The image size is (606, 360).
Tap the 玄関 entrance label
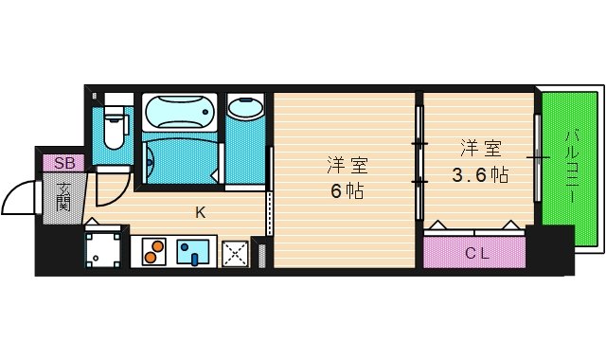[x=63, y=198]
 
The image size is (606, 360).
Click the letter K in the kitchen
[x=201, y=212]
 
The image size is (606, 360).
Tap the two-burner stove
[x=153, y=253]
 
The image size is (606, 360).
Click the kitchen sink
[x=195, y=253]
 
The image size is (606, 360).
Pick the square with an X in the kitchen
[x=235, y=253]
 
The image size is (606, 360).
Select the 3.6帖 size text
[x=480, y=175]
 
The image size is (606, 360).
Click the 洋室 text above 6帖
[x=347, y=164]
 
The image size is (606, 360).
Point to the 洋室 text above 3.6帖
[x=480, y=148]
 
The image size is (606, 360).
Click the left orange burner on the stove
[x=149, y=254]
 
